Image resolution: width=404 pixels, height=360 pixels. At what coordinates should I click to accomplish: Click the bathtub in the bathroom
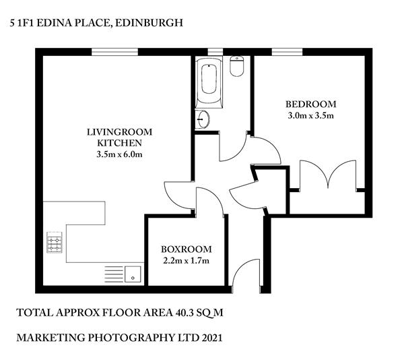coord(209,82)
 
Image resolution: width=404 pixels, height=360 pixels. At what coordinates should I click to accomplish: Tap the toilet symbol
coord(237,66)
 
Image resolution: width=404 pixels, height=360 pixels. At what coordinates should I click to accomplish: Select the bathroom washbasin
coord(203,119)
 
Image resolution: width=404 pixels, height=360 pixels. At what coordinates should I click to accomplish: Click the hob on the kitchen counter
coord(55,242)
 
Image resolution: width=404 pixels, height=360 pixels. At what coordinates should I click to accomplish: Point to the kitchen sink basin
coord(133,274)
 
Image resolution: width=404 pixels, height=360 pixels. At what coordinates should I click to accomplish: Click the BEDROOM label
coord(310,104)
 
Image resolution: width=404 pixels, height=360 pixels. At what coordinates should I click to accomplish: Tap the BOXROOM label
coord(187,249)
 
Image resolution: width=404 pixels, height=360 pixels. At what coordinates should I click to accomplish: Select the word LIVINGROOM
coord(120,132)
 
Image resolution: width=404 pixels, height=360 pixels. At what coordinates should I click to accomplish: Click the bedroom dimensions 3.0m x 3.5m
coord(310,115)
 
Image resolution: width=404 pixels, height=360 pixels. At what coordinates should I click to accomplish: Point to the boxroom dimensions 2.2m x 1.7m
coord(187,261)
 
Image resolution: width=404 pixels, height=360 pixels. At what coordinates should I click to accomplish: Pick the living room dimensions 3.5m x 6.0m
coord(120,154)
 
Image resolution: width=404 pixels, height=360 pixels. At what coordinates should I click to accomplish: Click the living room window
coord(115,52)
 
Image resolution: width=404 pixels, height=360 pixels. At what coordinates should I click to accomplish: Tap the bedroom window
coord(288,52)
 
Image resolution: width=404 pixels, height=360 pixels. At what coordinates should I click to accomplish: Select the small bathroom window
coord(215,52)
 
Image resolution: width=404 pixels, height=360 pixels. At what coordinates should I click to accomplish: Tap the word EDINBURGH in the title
coord(149,23)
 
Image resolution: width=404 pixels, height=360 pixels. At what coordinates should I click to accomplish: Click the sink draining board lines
coord(114,274)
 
